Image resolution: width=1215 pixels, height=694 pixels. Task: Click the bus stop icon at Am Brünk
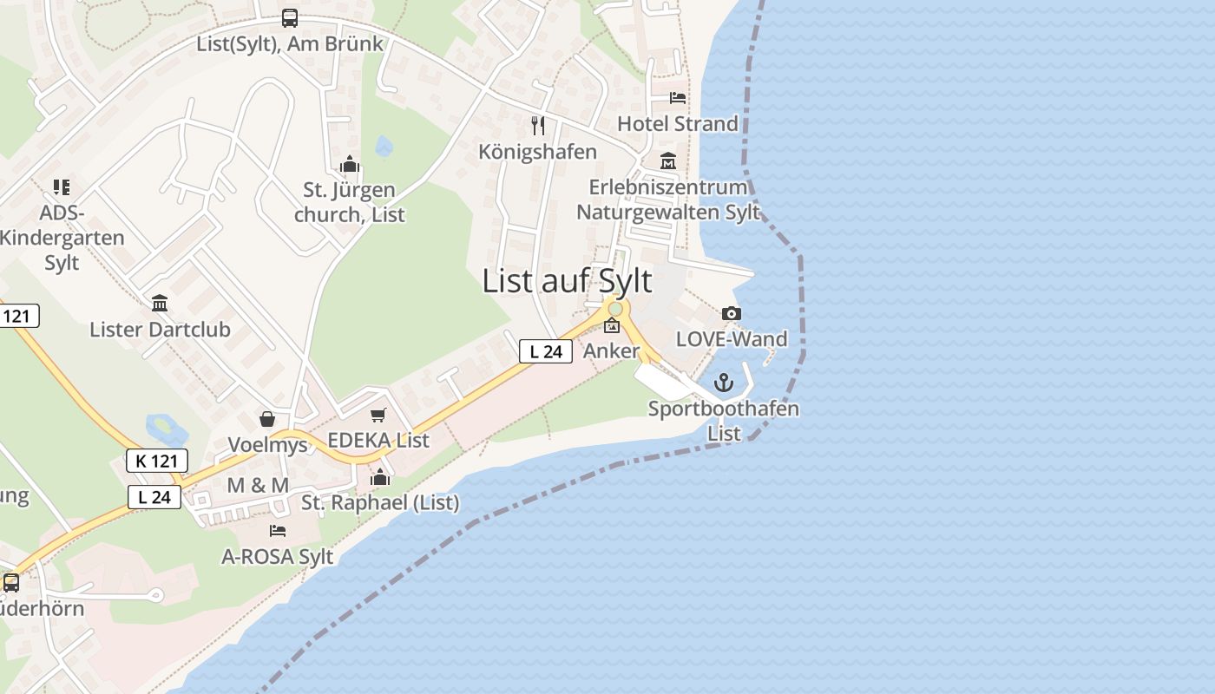290,18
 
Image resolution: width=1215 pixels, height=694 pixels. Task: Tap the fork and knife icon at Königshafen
538,126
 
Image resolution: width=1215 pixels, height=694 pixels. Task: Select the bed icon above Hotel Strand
678,98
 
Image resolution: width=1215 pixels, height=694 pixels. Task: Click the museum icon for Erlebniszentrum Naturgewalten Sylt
668,161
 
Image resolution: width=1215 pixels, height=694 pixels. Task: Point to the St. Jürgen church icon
350,164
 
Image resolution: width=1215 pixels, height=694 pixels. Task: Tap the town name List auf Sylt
567,281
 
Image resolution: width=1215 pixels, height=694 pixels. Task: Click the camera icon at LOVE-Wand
732,313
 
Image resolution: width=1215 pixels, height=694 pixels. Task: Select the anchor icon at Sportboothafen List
724,383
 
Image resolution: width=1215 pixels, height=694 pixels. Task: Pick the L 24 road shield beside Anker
546,351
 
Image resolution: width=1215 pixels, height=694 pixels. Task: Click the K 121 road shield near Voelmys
157,461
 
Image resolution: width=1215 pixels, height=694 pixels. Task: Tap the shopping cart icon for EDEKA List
378,416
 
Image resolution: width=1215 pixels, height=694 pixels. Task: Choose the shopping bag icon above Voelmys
267,420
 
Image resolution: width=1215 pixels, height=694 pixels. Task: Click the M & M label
258,486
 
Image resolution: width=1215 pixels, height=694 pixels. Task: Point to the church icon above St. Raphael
380,477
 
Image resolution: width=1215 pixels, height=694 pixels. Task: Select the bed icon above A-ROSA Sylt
278,531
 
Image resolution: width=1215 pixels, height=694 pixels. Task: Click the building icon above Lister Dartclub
160,304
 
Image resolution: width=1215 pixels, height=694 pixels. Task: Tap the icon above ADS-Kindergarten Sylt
61,187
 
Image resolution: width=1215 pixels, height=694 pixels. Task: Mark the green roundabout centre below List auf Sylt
615,309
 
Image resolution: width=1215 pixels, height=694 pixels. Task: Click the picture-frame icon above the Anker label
612,326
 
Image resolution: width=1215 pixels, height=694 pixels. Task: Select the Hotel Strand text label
678,124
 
